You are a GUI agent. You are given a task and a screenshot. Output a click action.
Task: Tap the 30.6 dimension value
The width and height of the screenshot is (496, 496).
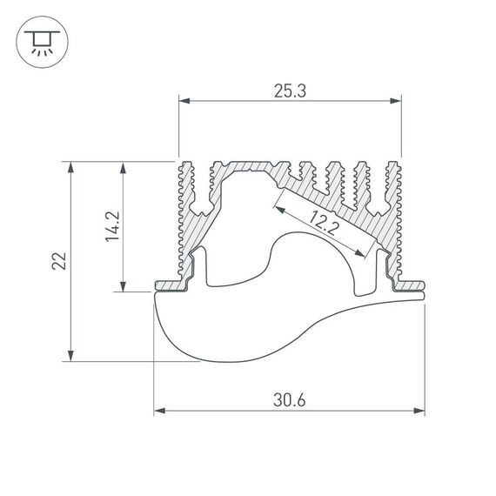coord(289,401)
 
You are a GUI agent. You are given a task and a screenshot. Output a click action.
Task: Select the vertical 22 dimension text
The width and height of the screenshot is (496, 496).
coord(57,260)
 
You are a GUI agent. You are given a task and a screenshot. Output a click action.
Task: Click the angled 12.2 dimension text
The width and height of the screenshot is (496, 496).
coord(324,226)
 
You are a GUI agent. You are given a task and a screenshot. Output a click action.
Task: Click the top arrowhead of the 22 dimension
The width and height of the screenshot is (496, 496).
coord(70,166)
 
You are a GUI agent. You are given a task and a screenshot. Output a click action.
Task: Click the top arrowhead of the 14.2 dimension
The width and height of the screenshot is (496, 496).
coord(124,166)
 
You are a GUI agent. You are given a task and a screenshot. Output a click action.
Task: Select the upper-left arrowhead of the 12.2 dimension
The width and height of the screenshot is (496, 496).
coord(278,207)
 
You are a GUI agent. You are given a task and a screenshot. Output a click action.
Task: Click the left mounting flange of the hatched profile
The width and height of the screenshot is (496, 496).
coord(169,285)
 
